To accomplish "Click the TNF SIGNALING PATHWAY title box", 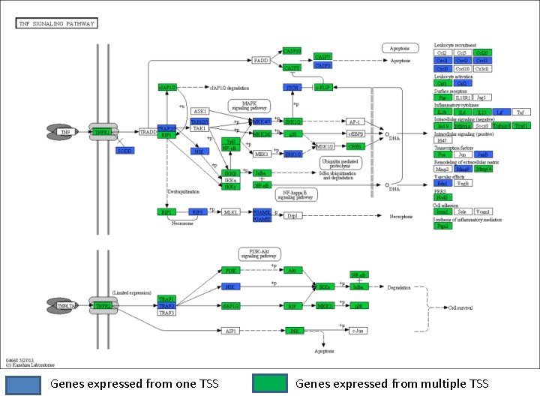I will point(57,23).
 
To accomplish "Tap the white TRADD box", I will point(148,133).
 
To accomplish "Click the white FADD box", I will point(261,60).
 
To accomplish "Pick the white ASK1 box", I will point(199,111).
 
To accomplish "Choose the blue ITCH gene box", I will point(292,88).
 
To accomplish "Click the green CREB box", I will point(355,147).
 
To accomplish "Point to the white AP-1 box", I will point(355,121).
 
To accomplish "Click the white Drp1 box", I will point(292,216).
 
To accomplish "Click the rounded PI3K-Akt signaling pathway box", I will point(259,253).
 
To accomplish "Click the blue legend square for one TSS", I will point(24,384).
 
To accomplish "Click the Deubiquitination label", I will point(182,191).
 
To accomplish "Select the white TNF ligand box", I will point(65,133).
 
